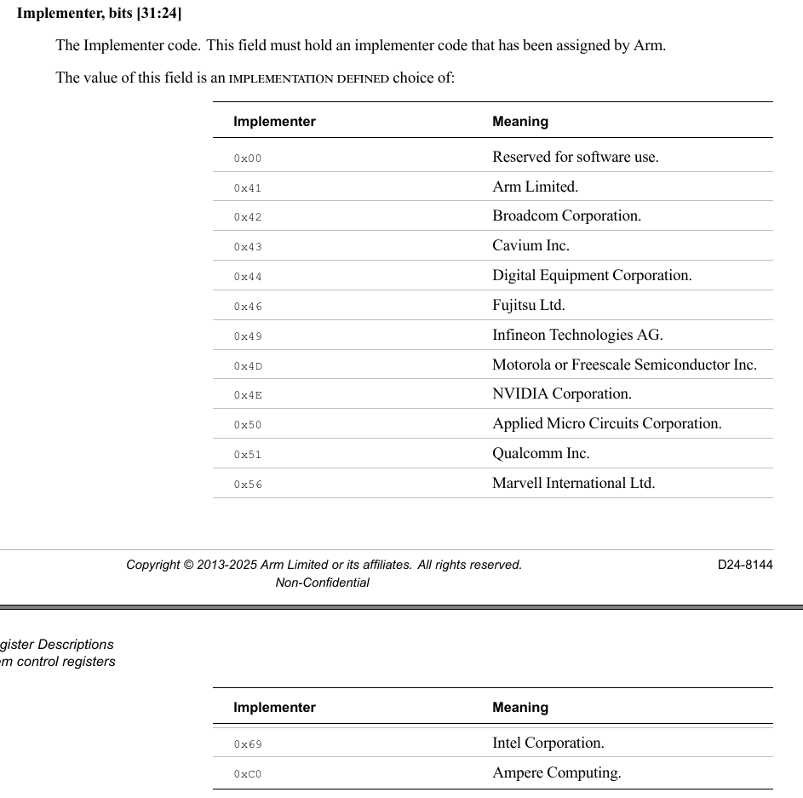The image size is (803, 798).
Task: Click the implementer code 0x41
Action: tap(248, 188)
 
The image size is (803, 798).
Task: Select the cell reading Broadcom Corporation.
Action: tap(566, 216)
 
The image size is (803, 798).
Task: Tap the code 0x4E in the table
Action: tap(248, 395)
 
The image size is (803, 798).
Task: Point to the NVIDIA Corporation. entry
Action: tap(561, 394)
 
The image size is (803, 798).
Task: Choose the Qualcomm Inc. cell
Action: tap(541, 454)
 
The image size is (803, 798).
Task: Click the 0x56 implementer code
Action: tap(248, 485)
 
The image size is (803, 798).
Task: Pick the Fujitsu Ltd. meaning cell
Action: tap(528, 305)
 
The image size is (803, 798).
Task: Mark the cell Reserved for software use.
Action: tap(575, 157)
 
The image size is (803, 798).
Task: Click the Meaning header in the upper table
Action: tap(519, 122)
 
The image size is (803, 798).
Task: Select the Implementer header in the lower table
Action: tap(274, 708)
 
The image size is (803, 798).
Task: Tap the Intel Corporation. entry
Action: tap(548, 743)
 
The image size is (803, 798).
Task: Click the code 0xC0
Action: tap(248, 774)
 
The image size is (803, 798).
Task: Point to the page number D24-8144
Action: tap(744, 565)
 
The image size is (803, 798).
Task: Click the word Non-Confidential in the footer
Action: tap(322, 583)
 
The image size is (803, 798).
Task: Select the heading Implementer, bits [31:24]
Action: tap(99, 14)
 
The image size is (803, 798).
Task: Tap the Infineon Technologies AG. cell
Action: tap(576, 335)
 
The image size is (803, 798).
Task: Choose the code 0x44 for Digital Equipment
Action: tap(248, 277)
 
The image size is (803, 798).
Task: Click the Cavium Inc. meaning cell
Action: tap(531, 246)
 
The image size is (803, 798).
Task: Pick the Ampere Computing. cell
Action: tap(556, 773)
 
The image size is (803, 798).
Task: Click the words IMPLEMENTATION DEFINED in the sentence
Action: tap(308, 79)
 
